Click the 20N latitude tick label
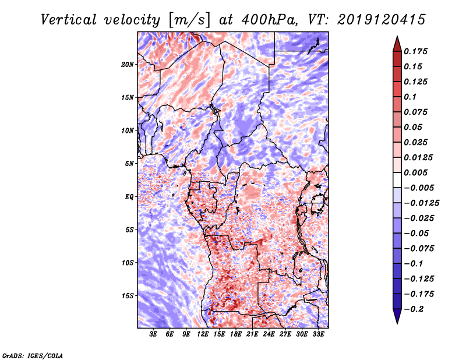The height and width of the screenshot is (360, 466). tap(128, 64)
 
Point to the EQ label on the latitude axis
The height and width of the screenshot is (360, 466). tap(129, 197)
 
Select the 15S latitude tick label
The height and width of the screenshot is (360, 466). tap(128, 296)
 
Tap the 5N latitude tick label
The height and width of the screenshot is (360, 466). tap(129, 164)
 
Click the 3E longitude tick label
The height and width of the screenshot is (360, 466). tap(153, 334)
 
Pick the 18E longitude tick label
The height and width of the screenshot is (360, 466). tap(236, 334)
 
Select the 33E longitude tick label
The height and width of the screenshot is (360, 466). tap(319, 334)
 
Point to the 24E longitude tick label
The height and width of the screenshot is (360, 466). tap(269, 334)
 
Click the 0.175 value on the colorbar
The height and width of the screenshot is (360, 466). tap(417, 51)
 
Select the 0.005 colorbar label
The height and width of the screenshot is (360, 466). tap(417, 172)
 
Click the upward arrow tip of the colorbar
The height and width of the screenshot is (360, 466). tap(397, 38)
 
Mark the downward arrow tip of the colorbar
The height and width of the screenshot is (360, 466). tap(397, 322)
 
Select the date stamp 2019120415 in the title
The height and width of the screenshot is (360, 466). tap(373, 19)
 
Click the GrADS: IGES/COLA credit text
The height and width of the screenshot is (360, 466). tap(32, 355)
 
